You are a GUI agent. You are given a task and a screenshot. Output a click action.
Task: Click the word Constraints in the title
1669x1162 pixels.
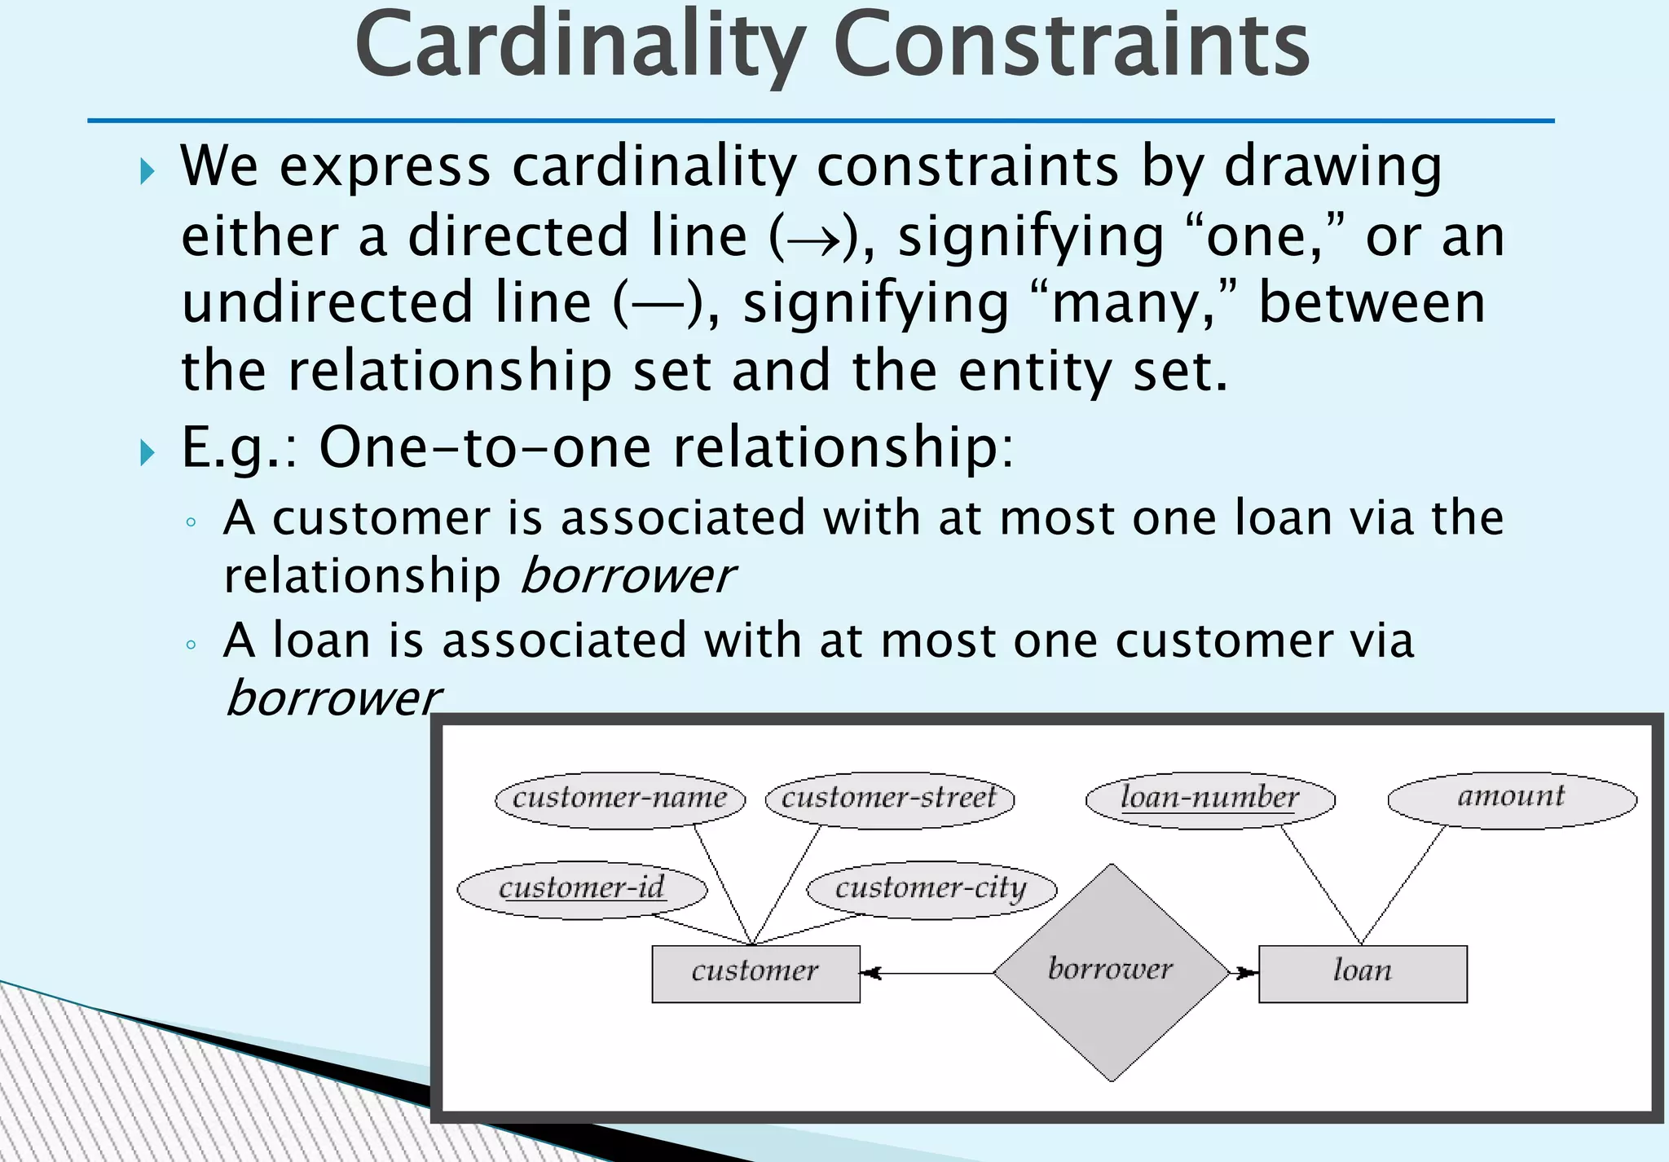point(1071,46)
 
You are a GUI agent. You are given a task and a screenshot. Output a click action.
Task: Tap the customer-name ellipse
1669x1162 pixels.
point(620,799)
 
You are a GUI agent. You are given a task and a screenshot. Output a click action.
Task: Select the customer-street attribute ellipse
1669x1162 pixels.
point(889,799)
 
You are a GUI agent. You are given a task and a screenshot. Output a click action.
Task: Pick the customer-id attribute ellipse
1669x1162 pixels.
point(582,889)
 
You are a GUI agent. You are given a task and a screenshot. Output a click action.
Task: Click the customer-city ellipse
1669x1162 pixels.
point(931,889)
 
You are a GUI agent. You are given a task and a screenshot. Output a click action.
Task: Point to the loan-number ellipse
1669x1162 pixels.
point(1210,799)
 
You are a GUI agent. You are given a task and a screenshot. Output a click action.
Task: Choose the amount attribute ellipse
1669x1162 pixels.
point(1512,798)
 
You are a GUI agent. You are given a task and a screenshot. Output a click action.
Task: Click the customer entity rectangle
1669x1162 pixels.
point(755,973)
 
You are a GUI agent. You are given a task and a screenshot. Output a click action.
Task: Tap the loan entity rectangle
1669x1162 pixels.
point(1363,973)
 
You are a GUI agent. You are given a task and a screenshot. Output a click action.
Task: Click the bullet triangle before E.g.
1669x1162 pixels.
point(147,451)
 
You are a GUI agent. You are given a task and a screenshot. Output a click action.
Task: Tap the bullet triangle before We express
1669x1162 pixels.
point(147,171)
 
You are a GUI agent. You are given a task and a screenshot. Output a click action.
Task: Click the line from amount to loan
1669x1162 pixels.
point(1403,884)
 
